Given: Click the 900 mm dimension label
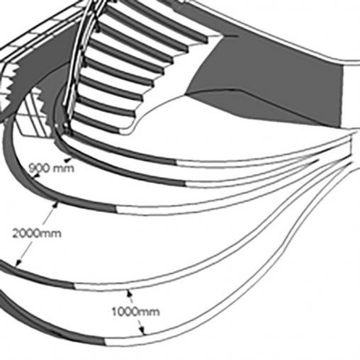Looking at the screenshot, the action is [x=51, y=168].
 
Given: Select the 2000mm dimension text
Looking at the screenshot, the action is [x=37, y=233].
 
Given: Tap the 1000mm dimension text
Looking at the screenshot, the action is [x=135, y=312].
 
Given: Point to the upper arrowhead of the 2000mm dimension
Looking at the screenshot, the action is [x=55, y=205].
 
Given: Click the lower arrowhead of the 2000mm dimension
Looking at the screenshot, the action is [x=18, y=262].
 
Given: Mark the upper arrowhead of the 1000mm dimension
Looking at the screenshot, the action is [x=129, y=293].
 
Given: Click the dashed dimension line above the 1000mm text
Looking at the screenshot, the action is [x=131, y=300].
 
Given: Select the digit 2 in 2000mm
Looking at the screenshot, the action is [x=16, y=233].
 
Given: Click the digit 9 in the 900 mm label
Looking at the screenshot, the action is [x=33, y=168].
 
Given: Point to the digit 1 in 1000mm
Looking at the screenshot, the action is [x=114, y=312].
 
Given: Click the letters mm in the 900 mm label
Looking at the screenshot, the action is [x=63, y=169].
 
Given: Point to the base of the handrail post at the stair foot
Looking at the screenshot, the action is [x=66, y=129].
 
